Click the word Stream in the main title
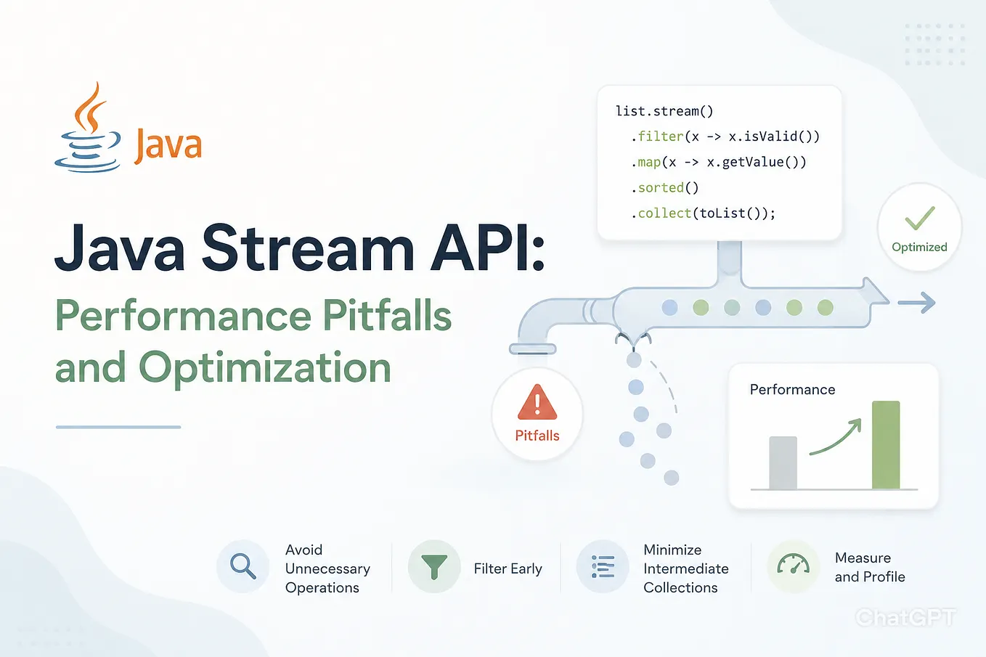pos(308,248)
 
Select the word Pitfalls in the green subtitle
pos(388,315)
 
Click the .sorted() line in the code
pos(664,188)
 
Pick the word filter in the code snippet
pos(661,136)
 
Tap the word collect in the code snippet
pos(664,213)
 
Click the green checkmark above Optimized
pos(920,218)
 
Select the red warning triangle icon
pos(537,401)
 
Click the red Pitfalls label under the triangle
pos(537,436)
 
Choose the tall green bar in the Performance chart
pos(886,445)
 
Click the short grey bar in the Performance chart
pos(783,462)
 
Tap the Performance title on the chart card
pos(792,389)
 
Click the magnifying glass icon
pos(243,566)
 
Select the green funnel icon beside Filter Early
pos(434,566)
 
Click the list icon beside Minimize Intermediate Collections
pos(603,566)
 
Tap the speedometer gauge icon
pos(793,563)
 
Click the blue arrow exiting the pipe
pos(917,303)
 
